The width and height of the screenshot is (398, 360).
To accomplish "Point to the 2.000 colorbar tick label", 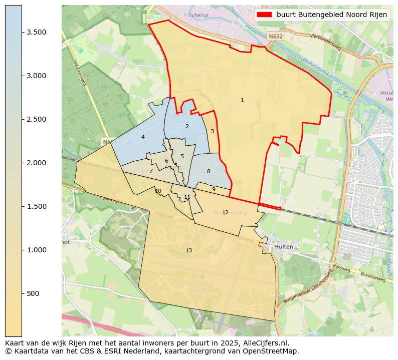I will [37, 163].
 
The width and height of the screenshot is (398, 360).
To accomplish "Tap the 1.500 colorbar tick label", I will [37, 206].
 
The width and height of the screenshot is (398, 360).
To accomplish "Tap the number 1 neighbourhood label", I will [242, 100].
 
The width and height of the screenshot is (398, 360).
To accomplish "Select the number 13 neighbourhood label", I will [188, 250].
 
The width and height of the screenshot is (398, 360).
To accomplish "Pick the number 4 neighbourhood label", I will [143, 137].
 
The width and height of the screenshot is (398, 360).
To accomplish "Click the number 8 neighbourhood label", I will [209, 172].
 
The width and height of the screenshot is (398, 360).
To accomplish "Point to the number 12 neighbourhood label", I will [225, 213].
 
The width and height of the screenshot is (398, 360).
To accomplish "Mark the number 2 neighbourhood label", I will [187, 126].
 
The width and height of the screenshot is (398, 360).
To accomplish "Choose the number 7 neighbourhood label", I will [151, 171].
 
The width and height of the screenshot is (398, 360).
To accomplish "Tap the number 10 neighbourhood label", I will [158, 191].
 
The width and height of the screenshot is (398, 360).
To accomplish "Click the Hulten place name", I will [283, 247].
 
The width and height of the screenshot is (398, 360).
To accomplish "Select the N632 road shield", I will [275, 37].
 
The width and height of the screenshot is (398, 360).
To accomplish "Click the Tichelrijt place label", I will [198, 15].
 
